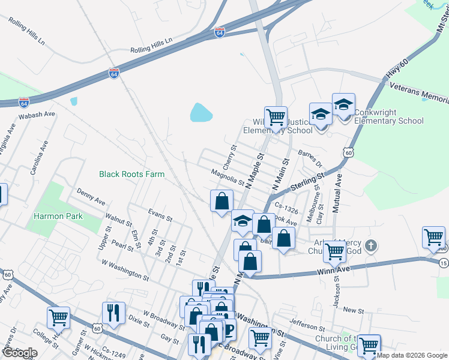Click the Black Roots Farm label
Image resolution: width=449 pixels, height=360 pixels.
point(131,174)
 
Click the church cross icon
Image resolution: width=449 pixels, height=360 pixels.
point(372,245)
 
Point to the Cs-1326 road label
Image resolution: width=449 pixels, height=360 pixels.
point(286,208)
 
